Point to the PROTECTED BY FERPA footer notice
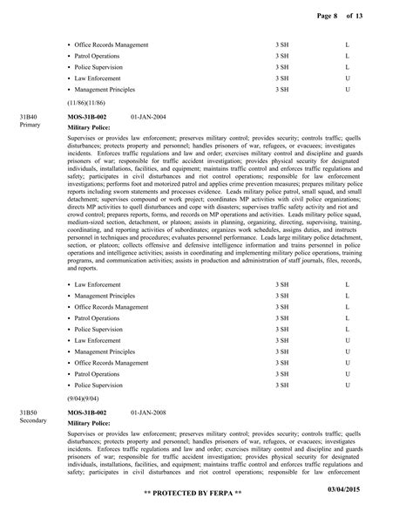point(206,495)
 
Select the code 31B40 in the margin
point(30,116)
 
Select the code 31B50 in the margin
point(30,411)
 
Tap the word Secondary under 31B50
point(33,420)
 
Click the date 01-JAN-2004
point(153,116)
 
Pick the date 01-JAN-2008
point(153,411)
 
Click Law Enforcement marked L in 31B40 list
point(98,284)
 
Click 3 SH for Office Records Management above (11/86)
point(282,44)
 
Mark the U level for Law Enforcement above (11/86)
point(348,78)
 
